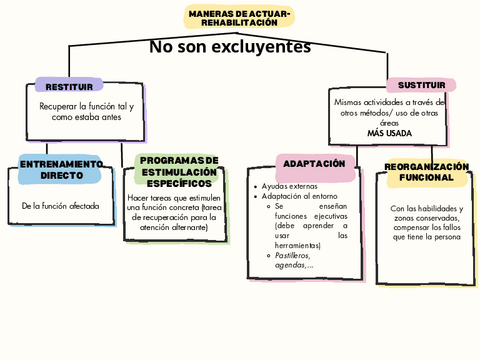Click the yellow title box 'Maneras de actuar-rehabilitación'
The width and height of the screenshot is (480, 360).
pos(239,16)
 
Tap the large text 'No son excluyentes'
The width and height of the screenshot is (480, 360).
pos(230,47)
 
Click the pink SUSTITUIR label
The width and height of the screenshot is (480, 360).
pos(421,86)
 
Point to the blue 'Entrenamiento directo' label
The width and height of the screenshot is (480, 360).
pos(60,169)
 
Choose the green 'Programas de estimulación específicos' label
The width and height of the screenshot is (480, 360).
pos(179,172)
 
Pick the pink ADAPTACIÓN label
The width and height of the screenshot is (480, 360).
pos(314,163)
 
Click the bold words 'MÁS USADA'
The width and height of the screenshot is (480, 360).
pos(389,133)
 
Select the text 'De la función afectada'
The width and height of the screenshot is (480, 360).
pos(60,206)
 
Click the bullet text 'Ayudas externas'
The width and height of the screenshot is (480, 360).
pos(290,187)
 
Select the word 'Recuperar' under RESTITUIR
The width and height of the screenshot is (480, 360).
pos(59,105)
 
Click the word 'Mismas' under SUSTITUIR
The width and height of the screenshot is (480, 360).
pos(349,102)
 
